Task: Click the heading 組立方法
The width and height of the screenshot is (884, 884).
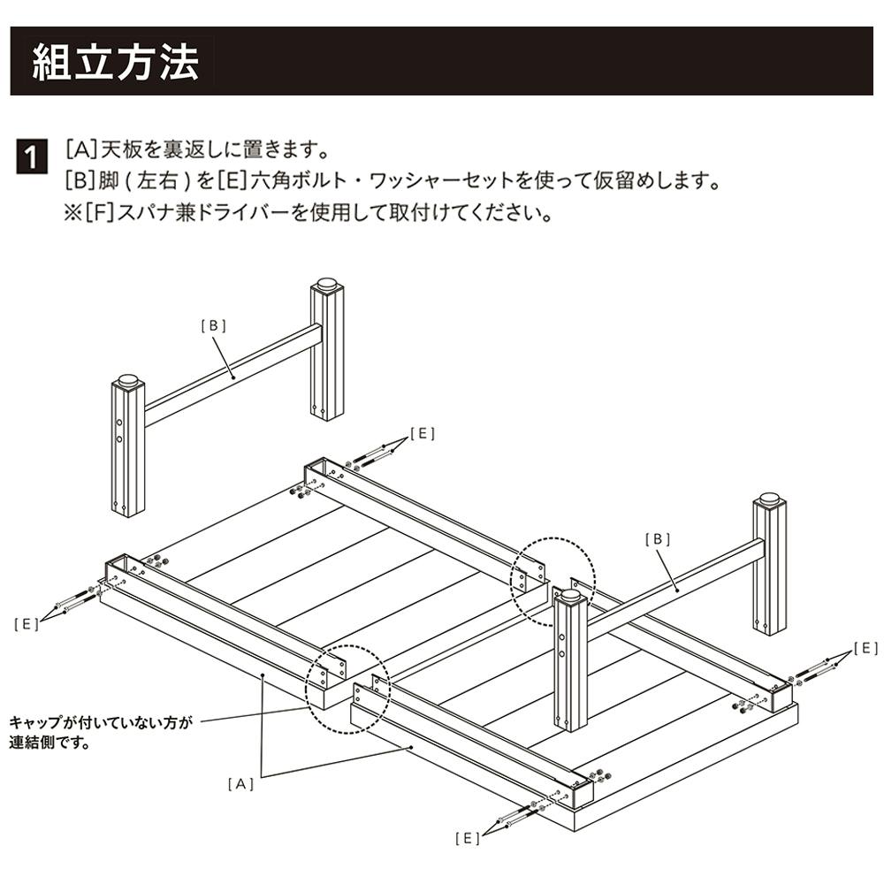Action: point(116,62)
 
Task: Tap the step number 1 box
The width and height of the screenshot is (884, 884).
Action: point(32,158)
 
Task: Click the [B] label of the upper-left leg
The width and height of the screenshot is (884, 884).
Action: point(213,325)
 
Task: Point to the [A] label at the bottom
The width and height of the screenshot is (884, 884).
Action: point(240,783)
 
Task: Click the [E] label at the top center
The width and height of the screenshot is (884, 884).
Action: point(423,433)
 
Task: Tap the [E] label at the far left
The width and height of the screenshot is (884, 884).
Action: point(26,624)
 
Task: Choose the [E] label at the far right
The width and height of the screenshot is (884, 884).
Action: point(865,648)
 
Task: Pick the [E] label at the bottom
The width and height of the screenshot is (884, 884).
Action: point(467,837)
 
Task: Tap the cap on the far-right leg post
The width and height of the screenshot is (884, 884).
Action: point(769,500)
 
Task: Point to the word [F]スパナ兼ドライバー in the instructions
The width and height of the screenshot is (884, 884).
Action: point(186,214)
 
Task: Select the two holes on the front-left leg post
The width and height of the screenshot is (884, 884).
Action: point(119,430)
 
